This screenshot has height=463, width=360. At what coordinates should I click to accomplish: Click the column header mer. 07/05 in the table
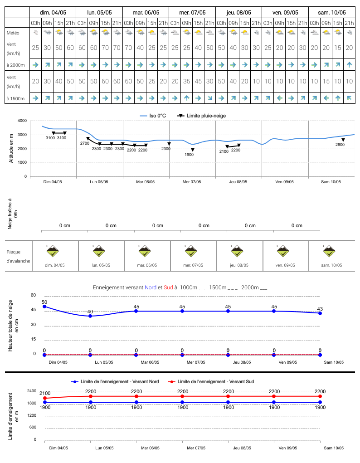tap(192, 13)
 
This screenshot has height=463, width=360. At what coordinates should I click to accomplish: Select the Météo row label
tap(13, 33)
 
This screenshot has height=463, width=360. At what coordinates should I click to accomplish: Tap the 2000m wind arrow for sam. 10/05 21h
tap(350, 65)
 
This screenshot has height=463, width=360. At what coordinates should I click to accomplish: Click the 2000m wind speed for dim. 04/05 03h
tap(35, 48)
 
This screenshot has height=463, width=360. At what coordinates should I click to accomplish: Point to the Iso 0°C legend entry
tap(153, 116)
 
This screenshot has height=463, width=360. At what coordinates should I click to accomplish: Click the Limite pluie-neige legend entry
tap(201, 116)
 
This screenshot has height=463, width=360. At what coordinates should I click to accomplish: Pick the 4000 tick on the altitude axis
tap(22, 121)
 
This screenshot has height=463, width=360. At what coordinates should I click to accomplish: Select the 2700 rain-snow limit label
tap(84, 143)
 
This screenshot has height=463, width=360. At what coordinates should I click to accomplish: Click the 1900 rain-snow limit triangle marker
tap(193, 150)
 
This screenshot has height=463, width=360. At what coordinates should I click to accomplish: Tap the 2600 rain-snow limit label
tap(340, 144)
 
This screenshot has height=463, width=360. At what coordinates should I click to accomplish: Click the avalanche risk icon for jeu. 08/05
tap(237, 251)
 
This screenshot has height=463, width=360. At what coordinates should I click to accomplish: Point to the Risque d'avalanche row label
tap(18, 256)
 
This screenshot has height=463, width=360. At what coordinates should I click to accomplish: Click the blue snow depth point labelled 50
tap(44, 307)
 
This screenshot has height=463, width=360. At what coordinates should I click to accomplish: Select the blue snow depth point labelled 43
tap(320, 313)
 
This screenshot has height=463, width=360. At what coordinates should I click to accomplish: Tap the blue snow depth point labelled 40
tap(90, 316)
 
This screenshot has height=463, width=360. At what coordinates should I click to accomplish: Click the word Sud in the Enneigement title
tap(168, 288)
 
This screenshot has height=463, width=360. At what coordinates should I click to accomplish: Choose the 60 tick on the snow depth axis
tap(34, 295)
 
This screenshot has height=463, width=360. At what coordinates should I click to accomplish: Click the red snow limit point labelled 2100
tap(45, 398)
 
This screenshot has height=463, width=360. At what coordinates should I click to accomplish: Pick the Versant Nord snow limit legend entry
tap(115, 381)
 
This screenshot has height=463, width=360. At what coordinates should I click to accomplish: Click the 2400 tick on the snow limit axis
tap(32, 390)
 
